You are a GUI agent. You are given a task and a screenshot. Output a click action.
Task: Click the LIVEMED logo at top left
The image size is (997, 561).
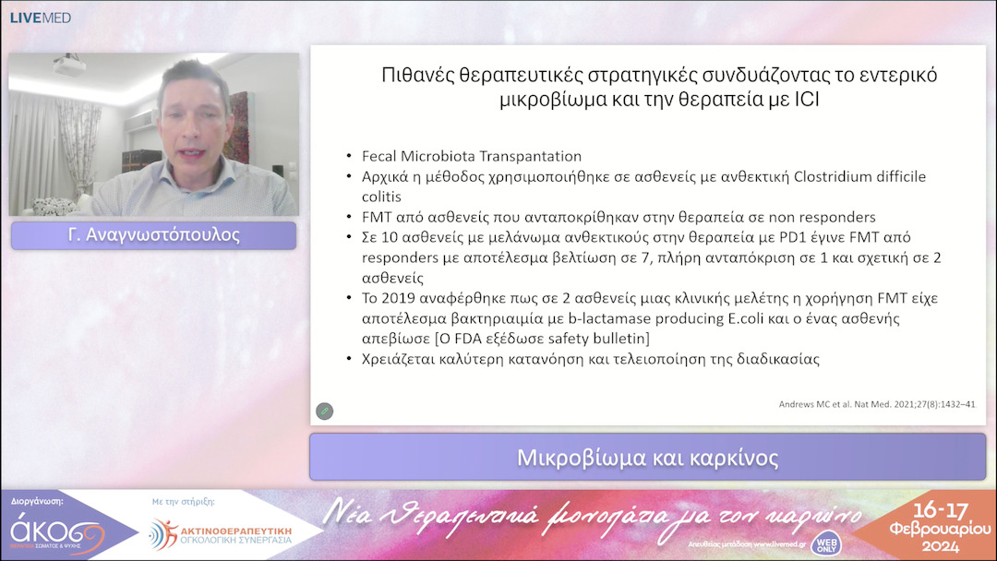40,18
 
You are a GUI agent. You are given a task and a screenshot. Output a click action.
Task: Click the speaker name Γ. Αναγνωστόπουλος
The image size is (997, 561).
153,235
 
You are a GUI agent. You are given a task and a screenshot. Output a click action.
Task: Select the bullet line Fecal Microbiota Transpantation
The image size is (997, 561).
471,156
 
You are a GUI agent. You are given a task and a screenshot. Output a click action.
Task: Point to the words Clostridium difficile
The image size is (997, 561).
844,175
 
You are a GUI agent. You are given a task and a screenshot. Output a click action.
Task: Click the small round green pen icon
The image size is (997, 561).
324,411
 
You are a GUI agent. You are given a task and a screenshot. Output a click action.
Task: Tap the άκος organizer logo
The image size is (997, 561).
55,534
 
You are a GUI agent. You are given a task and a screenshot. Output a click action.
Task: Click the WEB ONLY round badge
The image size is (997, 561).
827,543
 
